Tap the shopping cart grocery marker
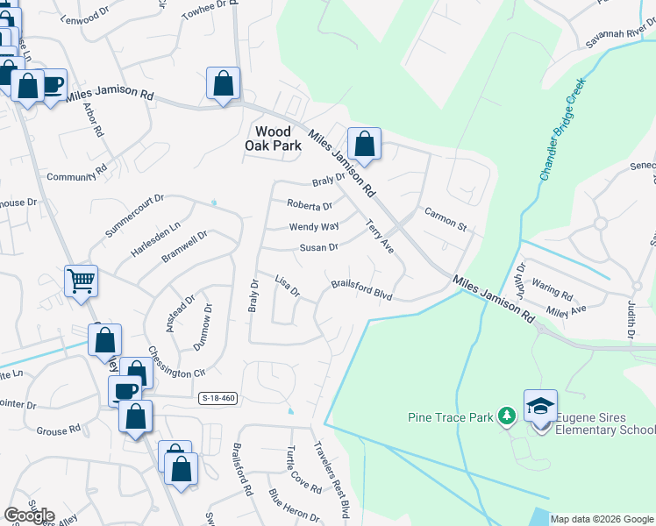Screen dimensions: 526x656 pos(81,281)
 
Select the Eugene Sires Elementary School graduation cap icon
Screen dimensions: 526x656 pos(540,405)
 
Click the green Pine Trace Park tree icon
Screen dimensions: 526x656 pos(506,415)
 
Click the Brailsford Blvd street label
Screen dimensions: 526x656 pos(361,289)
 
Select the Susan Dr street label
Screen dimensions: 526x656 pos(319,248)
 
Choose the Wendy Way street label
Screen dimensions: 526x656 pos(314,227)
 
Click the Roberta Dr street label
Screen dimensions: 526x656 pos(310,206)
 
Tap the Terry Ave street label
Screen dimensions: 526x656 pos(381,237)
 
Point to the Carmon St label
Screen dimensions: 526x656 pos(446,218)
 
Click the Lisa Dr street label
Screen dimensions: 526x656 pos(288,285)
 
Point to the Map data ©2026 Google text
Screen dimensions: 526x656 pos(601,519)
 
